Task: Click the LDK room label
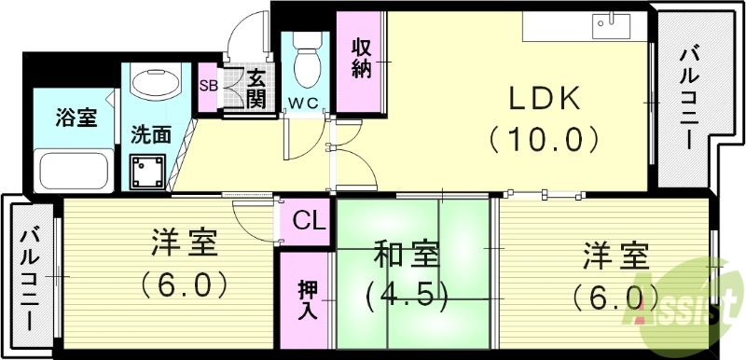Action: (544, 99)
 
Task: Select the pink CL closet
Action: (307, 222)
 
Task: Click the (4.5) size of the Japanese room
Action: (407, 296)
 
